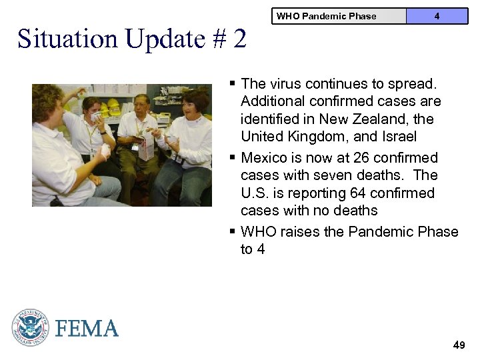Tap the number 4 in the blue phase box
coord(437,16)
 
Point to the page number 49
coord(459,345)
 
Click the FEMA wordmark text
coord(87,329)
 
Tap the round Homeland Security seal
coord(30,328)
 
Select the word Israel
coord(398,137)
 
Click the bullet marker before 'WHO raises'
coord(232,231)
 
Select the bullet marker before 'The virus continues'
coord(232,83)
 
